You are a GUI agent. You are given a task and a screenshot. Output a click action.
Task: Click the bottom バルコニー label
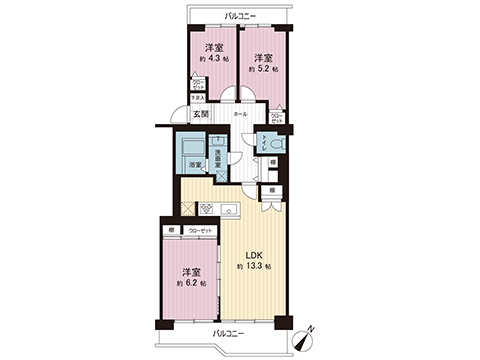coord(227,332)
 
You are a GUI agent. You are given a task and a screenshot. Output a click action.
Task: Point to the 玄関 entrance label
coord(201,115)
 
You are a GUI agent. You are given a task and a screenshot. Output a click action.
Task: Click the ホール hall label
coord(240,115)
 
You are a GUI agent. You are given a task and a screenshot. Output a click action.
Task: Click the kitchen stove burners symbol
coord(207,209)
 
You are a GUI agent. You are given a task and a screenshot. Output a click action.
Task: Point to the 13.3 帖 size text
coord(253,267)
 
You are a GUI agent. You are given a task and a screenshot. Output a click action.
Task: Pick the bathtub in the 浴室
coord(193,148)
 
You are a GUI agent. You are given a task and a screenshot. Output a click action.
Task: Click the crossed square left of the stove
coord(187,210)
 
